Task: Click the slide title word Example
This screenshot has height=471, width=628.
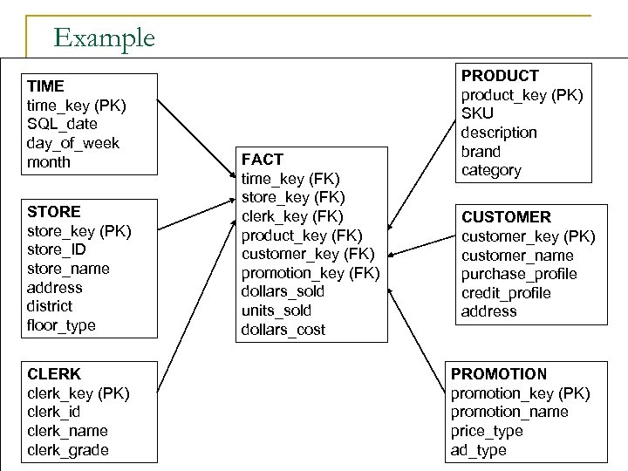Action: (x=104, y=38)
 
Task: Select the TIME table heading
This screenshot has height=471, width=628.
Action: (x=45, y=86)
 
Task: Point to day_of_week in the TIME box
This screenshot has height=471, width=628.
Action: (x=73, y=143)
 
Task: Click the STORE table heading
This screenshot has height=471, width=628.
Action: (x=54, y=212)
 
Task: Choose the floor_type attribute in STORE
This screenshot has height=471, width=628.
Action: (x=61, y=325)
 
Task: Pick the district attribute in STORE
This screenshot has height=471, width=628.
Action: (x=50, y=306)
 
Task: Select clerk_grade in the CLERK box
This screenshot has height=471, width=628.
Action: (x=68, y=450)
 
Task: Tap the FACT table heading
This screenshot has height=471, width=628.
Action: (x=262, y=160)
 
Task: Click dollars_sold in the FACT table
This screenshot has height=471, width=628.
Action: (x=282, y=291)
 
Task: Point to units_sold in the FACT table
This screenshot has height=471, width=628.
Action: (x=276, y=311)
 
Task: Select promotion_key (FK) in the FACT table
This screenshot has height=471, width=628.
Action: (x=310, y=272)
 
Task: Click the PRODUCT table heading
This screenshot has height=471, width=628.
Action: (x=500, y=77)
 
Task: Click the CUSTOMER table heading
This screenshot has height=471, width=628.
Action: (x=506, y=217)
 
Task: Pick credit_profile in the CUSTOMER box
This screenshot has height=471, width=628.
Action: (x=506, y=293)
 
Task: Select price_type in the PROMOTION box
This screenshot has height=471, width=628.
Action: (x=487, y=431)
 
